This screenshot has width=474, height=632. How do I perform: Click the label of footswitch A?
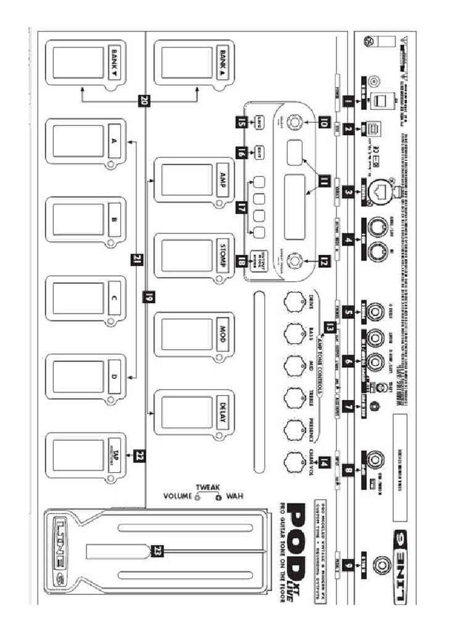(114, 141)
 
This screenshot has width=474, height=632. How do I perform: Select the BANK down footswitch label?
(114, 62)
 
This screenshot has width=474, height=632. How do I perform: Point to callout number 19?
(148, 296)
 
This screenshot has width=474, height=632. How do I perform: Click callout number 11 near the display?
(325, 180)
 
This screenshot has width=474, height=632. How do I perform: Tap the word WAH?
(235, 496)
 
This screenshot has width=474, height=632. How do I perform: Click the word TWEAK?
(207, 486)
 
